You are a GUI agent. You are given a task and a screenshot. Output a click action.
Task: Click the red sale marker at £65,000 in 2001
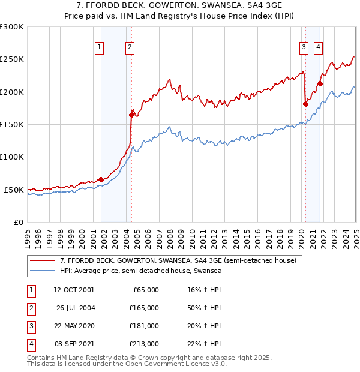tap(101, 179)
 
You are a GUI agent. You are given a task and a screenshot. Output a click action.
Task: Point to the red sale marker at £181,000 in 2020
tap(305, 104)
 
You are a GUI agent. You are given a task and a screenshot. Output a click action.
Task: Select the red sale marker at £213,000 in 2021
tap(320, 83)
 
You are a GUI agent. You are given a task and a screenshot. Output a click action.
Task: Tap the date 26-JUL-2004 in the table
tap(75, 308)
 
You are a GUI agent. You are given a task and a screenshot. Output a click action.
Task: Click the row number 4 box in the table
tap(30, 344)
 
